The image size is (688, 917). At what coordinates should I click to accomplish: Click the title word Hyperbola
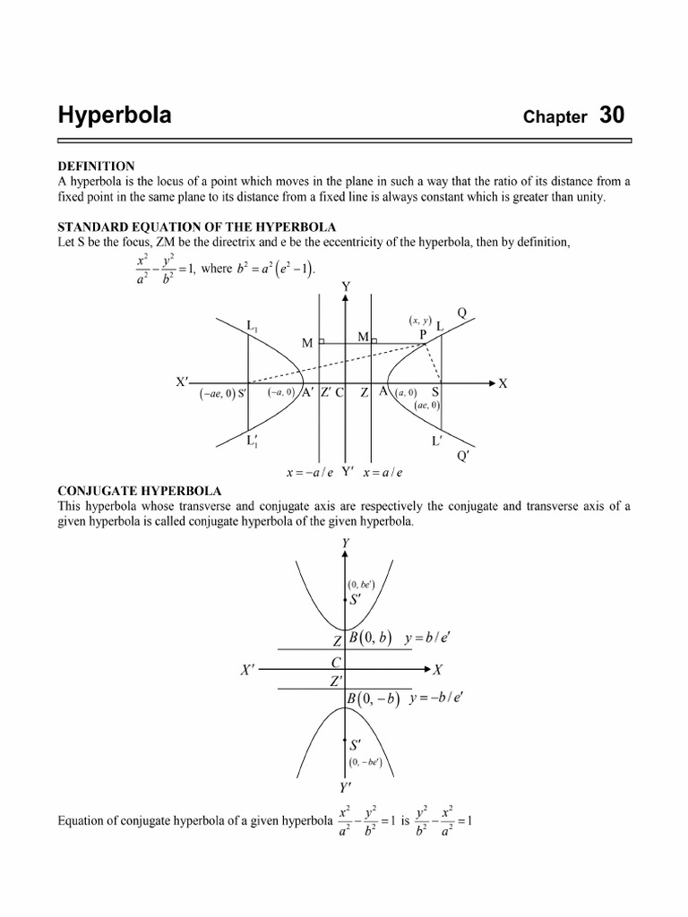tap(115, 116)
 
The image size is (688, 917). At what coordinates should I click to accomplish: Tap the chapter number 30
tap(613, 116)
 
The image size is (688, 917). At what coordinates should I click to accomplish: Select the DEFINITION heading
tap(96, 167)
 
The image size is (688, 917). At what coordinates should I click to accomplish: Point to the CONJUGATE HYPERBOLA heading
tap(139, 491)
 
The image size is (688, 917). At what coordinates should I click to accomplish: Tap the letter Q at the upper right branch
tap(462, 313)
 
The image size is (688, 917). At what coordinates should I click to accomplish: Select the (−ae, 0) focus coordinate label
tap(217, 393)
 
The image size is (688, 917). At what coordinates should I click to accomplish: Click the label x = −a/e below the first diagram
tap(307, 473)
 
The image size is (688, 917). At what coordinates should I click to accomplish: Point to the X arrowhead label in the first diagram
tap(503, 383)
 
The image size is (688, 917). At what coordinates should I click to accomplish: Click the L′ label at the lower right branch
tap(438, 441)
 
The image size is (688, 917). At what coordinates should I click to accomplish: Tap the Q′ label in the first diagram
tap(463, 456)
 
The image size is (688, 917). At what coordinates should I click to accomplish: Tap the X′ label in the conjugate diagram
tap(250, 670)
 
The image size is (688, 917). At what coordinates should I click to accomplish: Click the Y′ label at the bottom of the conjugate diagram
tap(345, 788)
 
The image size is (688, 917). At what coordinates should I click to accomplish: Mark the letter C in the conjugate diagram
tap(338, 662)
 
